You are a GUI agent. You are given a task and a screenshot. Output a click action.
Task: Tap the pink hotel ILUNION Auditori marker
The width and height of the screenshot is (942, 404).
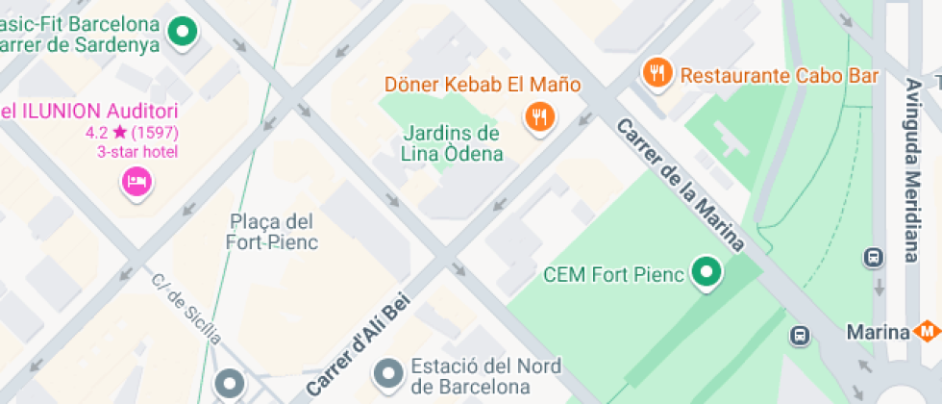(136, 180)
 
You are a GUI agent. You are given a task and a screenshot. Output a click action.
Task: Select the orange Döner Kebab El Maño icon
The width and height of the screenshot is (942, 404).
(540, 117)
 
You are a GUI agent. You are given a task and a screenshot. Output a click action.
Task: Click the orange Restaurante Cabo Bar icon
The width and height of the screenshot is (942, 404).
(657, 71)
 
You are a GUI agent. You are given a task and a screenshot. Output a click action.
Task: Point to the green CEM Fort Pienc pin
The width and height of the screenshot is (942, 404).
(708, 273)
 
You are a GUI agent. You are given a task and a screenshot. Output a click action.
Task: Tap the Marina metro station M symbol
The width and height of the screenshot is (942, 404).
(927, 332)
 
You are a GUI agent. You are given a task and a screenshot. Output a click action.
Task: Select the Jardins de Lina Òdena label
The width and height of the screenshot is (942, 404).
(452, 143)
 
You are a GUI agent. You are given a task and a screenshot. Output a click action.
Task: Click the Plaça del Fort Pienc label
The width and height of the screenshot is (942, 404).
(272, 232)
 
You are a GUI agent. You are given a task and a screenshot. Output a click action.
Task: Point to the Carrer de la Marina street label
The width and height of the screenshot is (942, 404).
(681, 184)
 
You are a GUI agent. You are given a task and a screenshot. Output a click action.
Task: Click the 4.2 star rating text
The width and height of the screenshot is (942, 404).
(133, 132)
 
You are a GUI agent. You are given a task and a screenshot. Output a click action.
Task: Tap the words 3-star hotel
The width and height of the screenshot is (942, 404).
(137, 151)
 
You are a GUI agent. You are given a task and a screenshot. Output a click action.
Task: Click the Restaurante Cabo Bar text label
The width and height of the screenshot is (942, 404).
(779, 75)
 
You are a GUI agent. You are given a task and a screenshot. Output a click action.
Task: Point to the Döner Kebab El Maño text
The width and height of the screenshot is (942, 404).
(483, 85)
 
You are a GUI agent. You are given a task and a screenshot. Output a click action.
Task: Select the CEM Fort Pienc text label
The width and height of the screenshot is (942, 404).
(613, 275)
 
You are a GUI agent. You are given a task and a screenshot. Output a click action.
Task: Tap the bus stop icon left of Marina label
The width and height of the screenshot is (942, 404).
(800, 335)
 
